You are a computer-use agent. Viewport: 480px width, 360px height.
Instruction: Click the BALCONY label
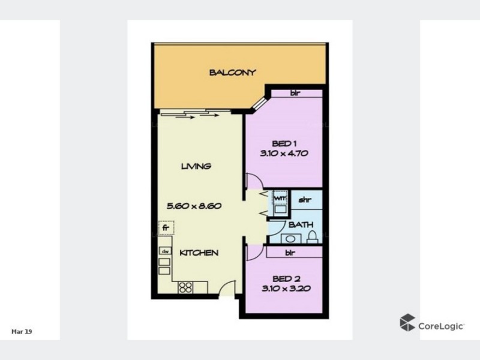click(233, 73)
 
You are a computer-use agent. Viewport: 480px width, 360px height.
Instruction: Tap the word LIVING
click(197, 166)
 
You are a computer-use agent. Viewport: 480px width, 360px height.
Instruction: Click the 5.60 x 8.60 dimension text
click(195, 205)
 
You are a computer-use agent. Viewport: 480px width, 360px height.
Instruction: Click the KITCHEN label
click(199, 253)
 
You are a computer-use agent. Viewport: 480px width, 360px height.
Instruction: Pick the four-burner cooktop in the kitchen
click(184, 287)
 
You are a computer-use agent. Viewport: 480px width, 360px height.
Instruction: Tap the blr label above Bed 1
click(296, 93)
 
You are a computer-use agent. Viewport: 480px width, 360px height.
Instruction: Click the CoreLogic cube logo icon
click(407, 322)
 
